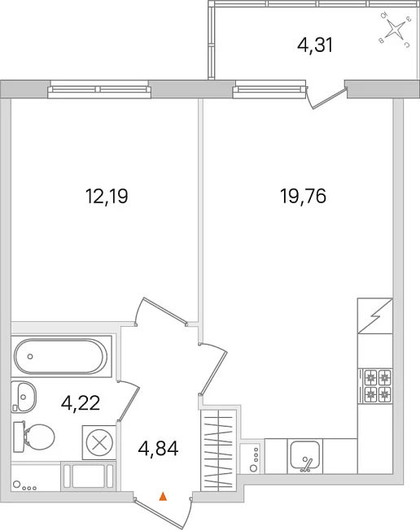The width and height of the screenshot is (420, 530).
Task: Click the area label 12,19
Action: [x=107, y=197]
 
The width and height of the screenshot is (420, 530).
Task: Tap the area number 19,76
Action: [x=304, y=196]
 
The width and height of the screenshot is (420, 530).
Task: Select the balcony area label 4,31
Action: [x=315, y=45]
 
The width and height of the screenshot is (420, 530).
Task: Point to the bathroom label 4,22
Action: [x=81, y=403]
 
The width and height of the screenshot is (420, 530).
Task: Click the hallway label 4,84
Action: [x=158, y=449]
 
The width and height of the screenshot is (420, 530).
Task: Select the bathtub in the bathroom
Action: [x=61, y=356]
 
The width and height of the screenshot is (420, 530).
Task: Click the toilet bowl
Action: [x=34, y=437]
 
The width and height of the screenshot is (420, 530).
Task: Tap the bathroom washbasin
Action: [x=24, y=396]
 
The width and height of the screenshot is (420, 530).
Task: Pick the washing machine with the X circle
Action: [x=99, y=442]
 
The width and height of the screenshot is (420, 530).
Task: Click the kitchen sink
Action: [x=305, y=456]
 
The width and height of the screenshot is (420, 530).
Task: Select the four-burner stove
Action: [x=378, y=385]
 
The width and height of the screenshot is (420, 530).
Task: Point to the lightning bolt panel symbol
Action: [x=375, y=315]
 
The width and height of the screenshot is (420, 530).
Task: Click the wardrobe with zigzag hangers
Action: [x=218, y=450]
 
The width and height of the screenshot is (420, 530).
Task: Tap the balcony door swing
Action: [x=326, y=98]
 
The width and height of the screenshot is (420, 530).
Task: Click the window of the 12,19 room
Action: [x=99, y=89]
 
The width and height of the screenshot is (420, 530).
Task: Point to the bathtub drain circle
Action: [x=30, y=356]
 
